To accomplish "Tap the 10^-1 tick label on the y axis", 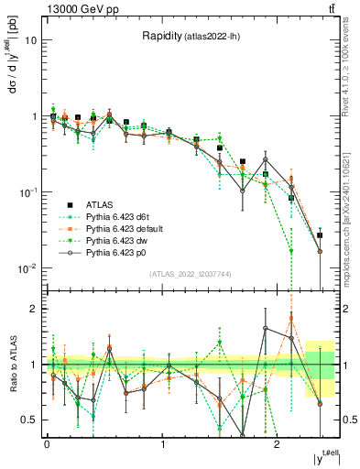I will tap(27, 192).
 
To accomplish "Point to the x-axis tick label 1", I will tap(163, 444).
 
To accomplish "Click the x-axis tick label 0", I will tap(47, 444).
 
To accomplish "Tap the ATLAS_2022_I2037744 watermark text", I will tap(191, 274).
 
